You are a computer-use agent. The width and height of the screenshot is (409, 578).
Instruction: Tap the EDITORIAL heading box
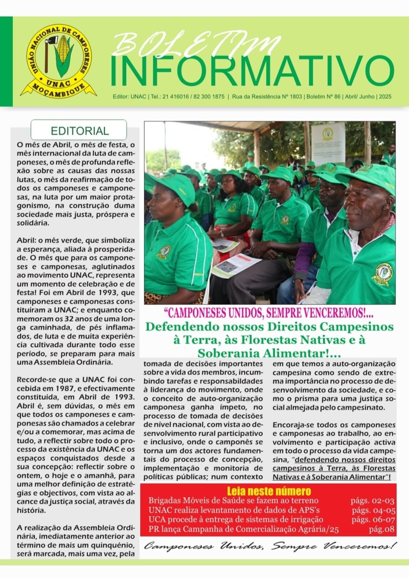(79, 130)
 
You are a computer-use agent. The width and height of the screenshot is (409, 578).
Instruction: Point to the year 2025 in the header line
(385, 97)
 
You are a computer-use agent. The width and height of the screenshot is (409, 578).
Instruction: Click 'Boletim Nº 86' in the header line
(324, 97)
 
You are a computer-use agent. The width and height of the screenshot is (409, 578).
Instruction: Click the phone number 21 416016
(178, 97)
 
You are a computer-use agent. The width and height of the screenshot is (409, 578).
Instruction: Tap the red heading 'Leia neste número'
(268, 491)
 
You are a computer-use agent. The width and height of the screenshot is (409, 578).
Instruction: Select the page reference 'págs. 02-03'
(372, 501)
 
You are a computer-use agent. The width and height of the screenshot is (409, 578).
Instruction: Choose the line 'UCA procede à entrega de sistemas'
(236, 520)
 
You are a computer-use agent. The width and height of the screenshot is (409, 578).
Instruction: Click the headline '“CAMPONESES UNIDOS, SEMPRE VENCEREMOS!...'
(269, 312)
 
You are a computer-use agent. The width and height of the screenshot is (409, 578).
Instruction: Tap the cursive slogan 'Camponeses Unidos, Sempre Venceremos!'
(270, 547)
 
